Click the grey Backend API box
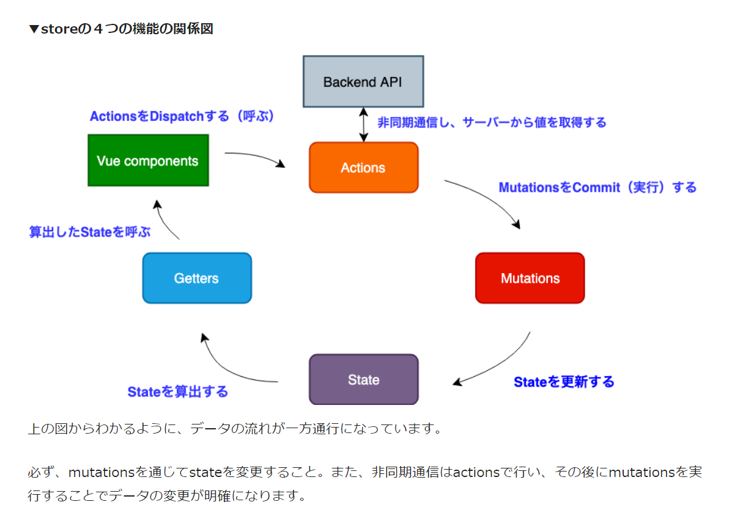363,82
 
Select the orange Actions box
364,167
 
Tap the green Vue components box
148,161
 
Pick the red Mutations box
530,278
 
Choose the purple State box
364,379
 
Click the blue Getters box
197,278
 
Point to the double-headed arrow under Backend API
364,125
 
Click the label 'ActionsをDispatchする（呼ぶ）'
182,116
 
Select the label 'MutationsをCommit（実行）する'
597,188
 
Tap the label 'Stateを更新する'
564,382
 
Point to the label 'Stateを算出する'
178,392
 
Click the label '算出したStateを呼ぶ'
90,231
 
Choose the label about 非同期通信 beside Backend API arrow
492,123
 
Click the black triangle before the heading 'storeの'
34,29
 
